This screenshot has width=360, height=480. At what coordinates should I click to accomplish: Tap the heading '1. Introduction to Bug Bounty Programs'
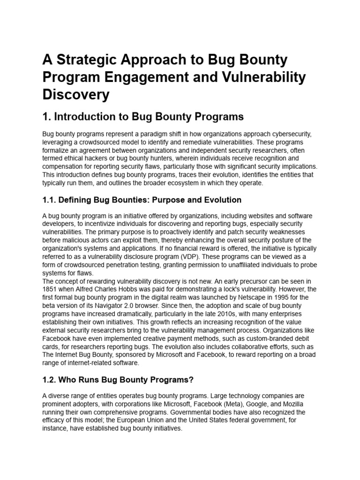(143, 116)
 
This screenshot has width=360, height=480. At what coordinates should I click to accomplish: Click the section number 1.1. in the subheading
(51, 200)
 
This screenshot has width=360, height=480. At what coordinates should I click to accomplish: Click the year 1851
(51, 289)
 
